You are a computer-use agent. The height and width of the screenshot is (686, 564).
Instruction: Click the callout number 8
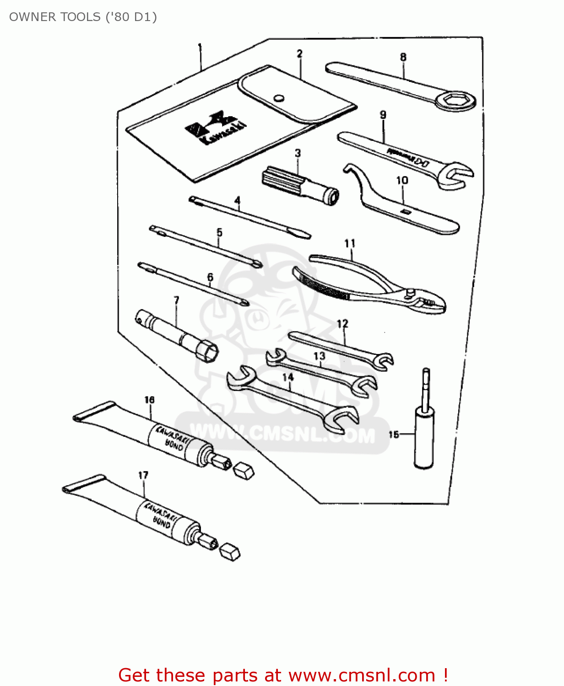403,57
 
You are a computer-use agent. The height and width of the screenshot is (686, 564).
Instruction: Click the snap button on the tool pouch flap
278,98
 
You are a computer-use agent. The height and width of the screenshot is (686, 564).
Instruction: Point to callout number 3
298,153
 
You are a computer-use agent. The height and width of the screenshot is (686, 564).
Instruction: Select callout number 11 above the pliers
350,243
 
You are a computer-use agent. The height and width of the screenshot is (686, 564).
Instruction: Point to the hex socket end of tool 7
207,353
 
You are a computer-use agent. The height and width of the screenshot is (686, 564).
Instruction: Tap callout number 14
287,377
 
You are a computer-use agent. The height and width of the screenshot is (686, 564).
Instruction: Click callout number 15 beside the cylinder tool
394,434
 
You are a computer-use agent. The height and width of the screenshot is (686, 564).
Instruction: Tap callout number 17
143,475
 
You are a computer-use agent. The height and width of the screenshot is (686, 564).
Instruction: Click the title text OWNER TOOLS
83,17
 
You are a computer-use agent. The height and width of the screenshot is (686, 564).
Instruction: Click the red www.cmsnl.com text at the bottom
362,675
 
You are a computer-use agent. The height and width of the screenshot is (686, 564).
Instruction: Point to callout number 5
219,232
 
